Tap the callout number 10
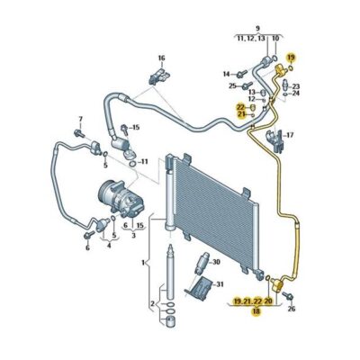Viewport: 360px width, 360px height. click(276, 40)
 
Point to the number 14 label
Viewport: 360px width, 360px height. click(227, 73)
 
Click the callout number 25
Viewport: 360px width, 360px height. click(232, 85)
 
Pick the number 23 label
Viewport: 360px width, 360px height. click(296, 85)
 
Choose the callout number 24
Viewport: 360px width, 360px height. click(296, 94)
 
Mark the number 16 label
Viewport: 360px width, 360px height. click(162, 58)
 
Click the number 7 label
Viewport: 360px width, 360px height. click(78, 119)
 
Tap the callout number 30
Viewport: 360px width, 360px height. click(215, 262)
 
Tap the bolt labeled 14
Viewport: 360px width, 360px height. click(241, 72)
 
